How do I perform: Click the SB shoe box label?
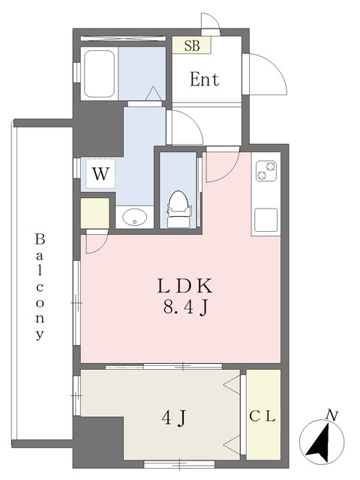(192, 45)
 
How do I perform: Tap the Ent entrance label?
(205, 79)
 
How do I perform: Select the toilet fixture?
(179, 208)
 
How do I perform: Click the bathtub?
(99, 73)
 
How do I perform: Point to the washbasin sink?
(135, 217)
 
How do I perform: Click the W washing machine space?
(100, 174)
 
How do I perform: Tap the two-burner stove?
(266, 171)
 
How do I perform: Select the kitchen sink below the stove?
(266, 219)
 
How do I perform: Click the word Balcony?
(40, 287)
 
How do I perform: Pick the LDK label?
(184, 286)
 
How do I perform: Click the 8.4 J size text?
(186, 307)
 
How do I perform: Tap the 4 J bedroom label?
(174, 418)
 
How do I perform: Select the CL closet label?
(262, 416)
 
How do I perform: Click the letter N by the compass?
(331, 416)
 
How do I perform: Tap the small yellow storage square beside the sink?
(95, 213)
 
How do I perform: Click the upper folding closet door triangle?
(232, 385)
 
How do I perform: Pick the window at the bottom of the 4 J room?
(180, 464)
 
